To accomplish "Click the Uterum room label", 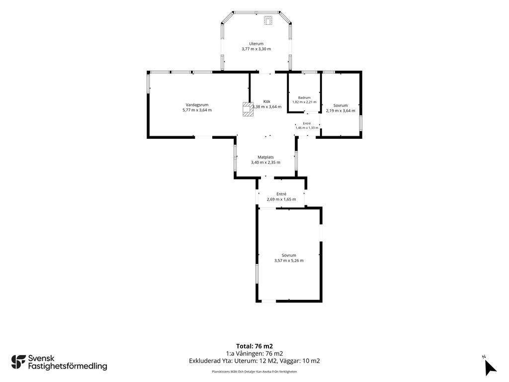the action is [x=256, y=44].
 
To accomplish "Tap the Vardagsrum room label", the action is [x=197, y=105].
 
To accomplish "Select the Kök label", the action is [x=267, y=101].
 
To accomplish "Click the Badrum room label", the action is [x=305, y=97].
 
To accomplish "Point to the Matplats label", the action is [x=265, y=157].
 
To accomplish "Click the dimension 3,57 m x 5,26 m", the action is [x=289, y=261].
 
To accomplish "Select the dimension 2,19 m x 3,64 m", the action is [x=340, y=111].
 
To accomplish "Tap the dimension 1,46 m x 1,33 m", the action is [x=307, y=128].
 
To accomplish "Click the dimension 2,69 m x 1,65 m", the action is [x=281, y=199].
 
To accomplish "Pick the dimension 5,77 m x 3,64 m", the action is [x=197, y=110].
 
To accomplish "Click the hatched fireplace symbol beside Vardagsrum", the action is [x=248, y=109].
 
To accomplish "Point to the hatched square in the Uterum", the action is [x=268, y=20].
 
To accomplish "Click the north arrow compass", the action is [x=490, y=368].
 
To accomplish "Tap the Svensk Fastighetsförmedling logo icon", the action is [x=18, y=362].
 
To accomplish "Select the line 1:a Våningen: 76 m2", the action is [x=254, y=354].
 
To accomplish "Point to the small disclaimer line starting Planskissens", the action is [x=254, y=372].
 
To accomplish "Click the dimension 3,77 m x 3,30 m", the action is [x=256, y=49].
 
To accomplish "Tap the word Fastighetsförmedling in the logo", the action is [x=68, y=367].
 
